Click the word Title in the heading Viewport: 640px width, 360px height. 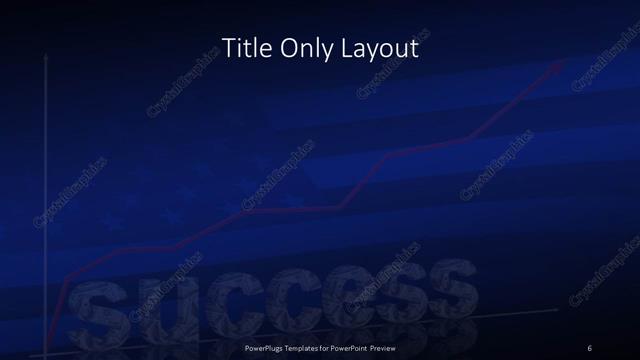[244, 47]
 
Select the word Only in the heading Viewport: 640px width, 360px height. [307, 47]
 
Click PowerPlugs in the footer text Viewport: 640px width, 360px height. [268, 347]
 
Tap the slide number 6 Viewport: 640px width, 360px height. [590, 347]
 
